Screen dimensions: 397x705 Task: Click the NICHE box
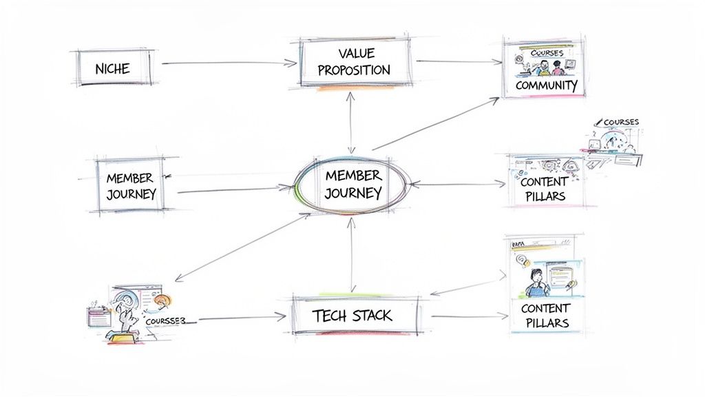pyautogui.click(x=112, y=68)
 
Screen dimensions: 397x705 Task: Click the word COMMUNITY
pyautogui.click(x=546, y=85)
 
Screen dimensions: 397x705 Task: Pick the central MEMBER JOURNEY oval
pyautogui.click(x=352, y=184)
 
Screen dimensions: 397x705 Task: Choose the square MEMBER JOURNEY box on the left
pyautogui.click(x=131, y=185)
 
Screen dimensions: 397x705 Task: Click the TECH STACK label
pyautogui.click(x=352, y=316)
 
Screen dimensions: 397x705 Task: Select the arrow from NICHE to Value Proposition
pyautogui.click(x=226, y=63)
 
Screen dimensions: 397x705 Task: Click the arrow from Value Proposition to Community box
pyautogui.click(x=458, y=61)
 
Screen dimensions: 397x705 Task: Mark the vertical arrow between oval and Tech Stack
pyautogui.click(x=352, y=252)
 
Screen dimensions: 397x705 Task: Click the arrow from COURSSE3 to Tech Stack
pyautogui.click(x=241, y=318)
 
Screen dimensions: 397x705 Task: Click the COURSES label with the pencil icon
pyautogui.click(x=618, y=122)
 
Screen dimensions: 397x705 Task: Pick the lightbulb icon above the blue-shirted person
pyautogui.click(x=524, y=261)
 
